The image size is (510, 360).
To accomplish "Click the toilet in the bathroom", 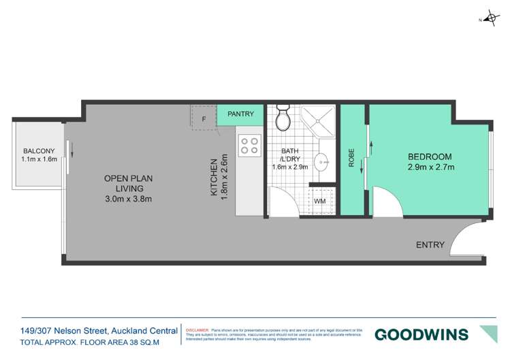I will click(283, 120).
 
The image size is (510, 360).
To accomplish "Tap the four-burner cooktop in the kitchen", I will click(249, 145).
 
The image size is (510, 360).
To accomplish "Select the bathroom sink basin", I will click(325, 163).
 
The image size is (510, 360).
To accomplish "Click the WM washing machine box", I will click(320, 201).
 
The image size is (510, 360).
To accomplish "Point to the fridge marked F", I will click(203, 120).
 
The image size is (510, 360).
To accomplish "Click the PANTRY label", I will click(240, 114).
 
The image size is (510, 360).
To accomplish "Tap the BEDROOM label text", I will click(430, 156).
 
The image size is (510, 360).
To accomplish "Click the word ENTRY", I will click(430, 245).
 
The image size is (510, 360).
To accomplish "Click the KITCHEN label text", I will click(214, 178).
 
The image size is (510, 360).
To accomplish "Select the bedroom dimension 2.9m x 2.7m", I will click(430, 167).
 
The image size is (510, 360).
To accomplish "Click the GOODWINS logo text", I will click(421, 334).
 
